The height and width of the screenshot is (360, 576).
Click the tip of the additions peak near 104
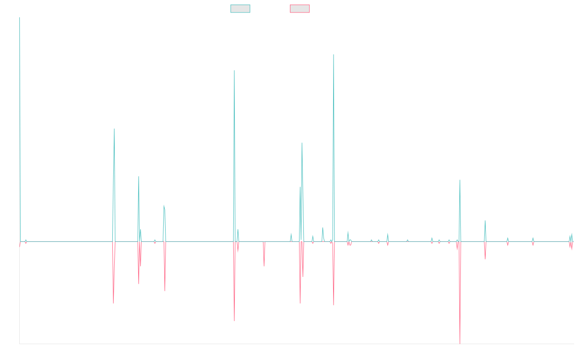(x=334, y=55)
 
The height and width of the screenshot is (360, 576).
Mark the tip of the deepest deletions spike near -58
(x=460, y=344)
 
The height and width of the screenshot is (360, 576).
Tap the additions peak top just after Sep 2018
(x=234, y=71)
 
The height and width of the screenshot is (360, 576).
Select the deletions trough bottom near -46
(x=234, y=321)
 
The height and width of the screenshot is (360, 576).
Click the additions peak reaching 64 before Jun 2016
(x=114, y=129)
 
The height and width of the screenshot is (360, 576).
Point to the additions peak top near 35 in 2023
(x=460, y=180)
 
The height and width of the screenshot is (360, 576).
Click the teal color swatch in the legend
(x=240, y=9)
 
